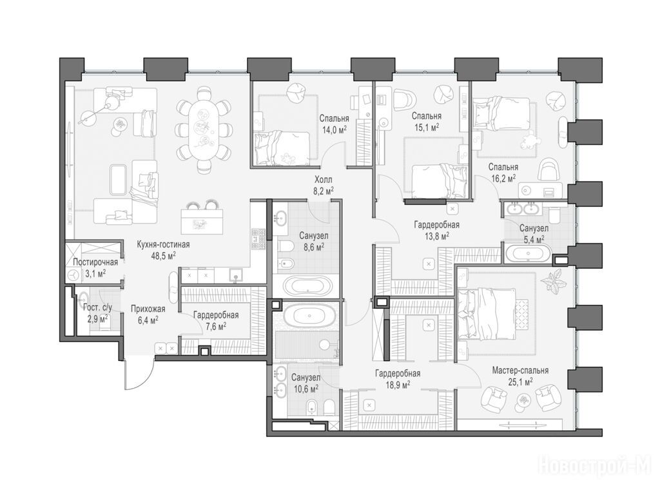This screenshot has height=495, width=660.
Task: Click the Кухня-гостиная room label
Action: pos(163,244)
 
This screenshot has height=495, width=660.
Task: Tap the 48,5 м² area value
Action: pos(163,255)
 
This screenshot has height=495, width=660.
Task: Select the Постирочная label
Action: pos(95,262)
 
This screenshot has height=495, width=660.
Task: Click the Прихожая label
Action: pos(148,309)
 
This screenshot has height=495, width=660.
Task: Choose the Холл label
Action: pos(324,180)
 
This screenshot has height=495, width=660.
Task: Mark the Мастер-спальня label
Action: pos(520,371)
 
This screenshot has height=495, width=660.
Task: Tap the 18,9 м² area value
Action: pos(397,383)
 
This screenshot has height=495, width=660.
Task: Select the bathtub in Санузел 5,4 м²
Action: pos(528,253)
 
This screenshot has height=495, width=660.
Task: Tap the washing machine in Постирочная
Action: pos(73,275)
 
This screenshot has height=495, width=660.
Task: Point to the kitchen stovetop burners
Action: pos(258,240)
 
